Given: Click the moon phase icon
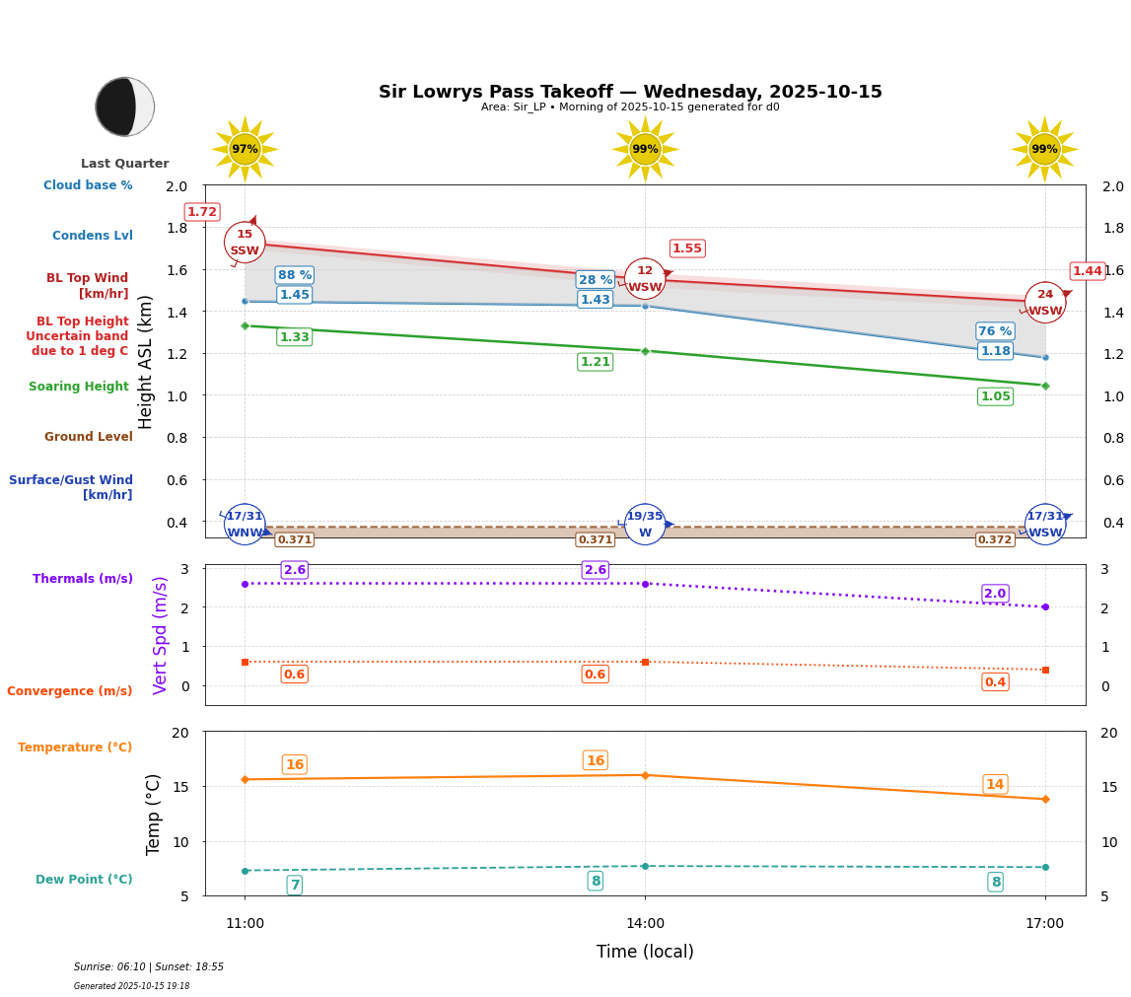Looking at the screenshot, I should (125, 107).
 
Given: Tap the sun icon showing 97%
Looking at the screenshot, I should (245, 149).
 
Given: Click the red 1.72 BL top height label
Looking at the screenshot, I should (202, 212).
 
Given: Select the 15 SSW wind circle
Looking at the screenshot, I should (245, 243).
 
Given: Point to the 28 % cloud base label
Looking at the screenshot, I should (596, 280).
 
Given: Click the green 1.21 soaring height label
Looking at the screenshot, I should (596, 362).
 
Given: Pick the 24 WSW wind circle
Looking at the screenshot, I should (1045, 303).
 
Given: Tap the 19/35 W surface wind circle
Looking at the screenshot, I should (645, 525).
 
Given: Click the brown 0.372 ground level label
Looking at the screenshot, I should (995, 539).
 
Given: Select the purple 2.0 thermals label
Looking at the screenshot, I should (995, 594).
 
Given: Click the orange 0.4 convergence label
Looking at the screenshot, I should (995, 682).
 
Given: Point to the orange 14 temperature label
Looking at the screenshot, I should (995, 785).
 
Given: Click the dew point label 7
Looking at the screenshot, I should (295, 885).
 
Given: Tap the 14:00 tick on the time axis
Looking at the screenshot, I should (645, 924).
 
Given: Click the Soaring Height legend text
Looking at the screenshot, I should (79, 387).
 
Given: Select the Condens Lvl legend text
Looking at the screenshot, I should (93, 236).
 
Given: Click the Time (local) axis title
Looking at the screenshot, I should (645, 952).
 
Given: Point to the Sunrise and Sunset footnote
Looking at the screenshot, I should (149, 967).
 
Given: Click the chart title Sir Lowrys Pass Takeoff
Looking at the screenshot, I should (630, 92).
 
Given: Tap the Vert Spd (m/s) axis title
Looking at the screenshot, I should (161, 635).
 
